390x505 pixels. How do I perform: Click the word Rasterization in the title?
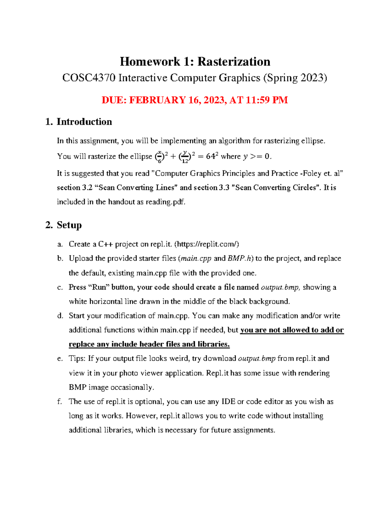(x=234, y=61)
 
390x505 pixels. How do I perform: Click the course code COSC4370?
(x=89, y=78)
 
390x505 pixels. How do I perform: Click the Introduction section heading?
(x=84, y=122)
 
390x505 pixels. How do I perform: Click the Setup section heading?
(x=69, y=225)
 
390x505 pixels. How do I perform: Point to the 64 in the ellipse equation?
(x=211, y=156)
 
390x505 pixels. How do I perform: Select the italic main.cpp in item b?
(x=196, y=259)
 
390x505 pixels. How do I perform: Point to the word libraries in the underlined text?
(x=213, y=344)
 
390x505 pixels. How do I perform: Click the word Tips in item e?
(x=76, y=358)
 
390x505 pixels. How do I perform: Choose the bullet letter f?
(x=59, y=402)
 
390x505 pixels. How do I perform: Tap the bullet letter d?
(x=60, y=316)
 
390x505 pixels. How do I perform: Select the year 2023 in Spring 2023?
(x=312, y=78)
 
